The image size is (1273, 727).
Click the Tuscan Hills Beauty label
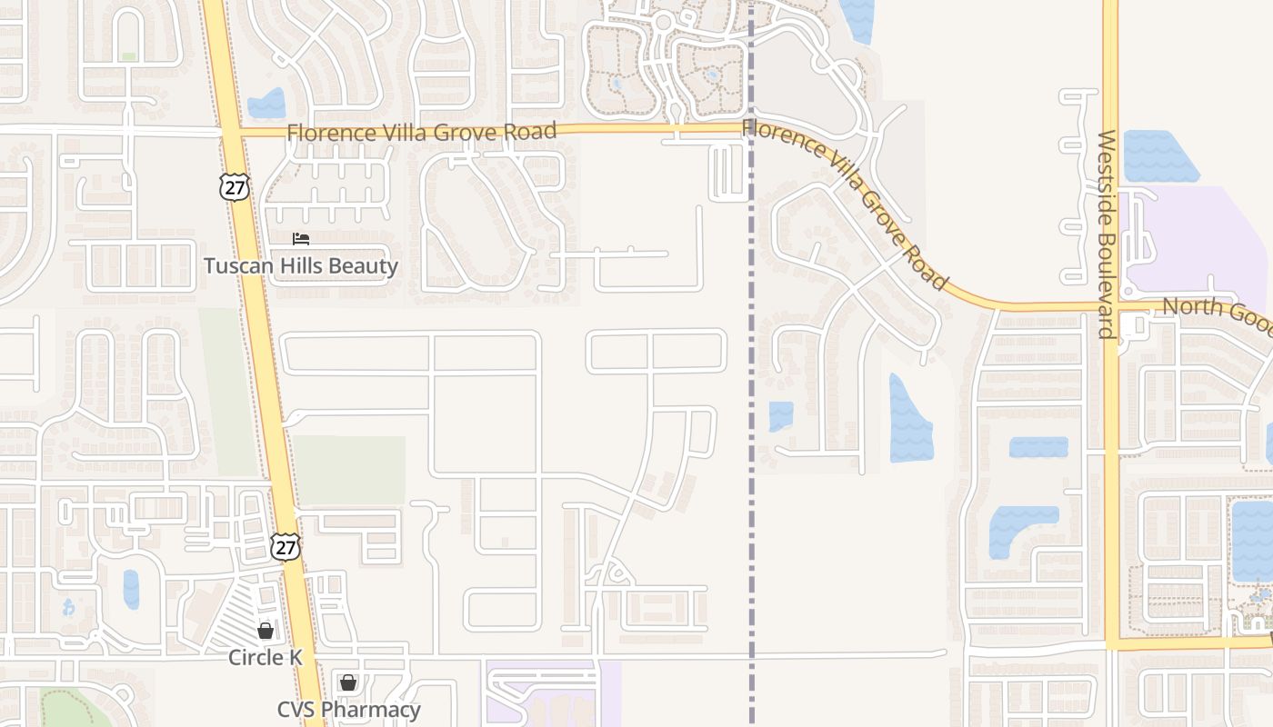[x=300, y=266]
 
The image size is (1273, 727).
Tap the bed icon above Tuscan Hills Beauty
[x=301, y=239]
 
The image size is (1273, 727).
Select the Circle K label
[x=266, y=657]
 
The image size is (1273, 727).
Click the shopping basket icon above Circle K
[x=266, y=630]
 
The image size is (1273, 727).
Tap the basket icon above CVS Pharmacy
[x=348, y=682]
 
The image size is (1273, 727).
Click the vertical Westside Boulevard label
[x=1107, y=234]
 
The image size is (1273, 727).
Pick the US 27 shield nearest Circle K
[x=286, y=546]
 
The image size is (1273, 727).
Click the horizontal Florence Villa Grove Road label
[x=421, y=133]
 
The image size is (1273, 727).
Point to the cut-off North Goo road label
[x=1217, y=310]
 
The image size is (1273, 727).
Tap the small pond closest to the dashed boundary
[x=780, y=415]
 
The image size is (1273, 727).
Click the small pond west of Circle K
[x=131, y=589]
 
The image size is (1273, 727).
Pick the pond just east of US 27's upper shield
[x=266, y=104]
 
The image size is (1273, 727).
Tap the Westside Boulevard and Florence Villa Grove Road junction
[x=1111, y=307]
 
